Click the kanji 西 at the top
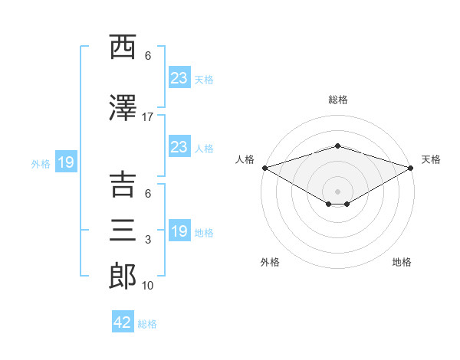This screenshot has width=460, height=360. pyautogui.click(x=123, y=47)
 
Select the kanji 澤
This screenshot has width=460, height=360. pyautogui.click(x=123, y=108)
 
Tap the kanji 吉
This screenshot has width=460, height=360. pyautogui.click(x=123, y=185)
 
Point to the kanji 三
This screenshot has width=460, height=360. pyautogui.click(x=123, y=230)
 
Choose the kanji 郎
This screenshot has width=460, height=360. pyautogui.click(x=123, y=277)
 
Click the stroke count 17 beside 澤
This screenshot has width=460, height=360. pyautogui.click(x=147, y=117)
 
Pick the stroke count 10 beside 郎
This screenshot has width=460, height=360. pyautogui.click(x=147, y=286)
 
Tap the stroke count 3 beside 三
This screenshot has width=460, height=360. pyautogui.click(x=148, y=240)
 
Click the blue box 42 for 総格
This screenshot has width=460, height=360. pyautogui.click(x=123, y=322)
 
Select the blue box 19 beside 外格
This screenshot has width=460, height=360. pyautogui.click(x=66, y=162)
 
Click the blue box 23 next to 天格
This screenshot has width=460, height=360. pyautogui.click(x=179, y=77)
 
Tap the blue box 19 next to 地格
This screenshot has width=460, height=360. pyautogui.click(x=179, y=230)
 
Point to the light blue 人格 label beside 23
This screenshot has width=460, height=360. pyautogui.click(x=204, y=149)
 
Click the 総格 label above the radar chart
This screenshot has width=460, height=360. pyautogui.click(x=338, y=100)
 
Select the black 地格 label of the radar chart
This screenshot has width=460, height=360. pyautogui.click(x=402, y=262)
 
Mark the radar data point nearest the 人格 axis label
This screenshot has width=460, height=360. pyautogui.click(x=265, y=168)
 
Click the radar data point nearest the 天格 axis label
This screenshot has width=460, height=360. pyautogui.click(x=411, y=168)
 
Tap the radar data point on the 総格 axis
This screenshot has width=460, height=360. pyautogui.click(x=337, y=146)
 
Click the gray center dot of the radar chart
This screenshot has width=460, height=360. pyautogui.click(x=337, y=191)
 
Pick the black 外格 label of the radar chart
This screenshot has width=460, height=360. pyautogui.click(x=270, y=262)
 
